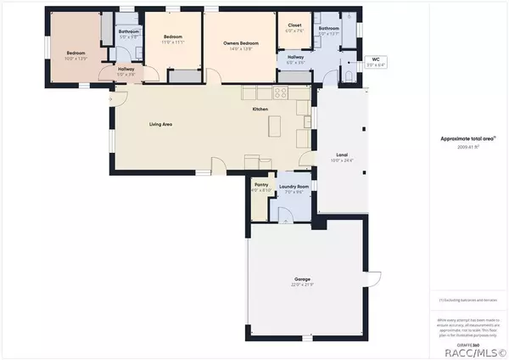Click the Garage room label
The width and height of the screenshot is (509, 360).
pos(303,278)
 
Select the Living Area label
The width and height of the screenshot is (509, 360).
pos(161,125)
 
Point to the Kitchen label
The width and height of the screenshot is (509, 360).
pos(260,110)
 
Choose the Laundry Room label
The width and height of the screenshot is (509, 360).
pos(294,187)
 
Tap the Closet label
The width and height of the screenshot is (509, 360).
pos(294,25)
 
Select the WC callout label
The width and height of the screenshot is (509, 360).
pos(376,59)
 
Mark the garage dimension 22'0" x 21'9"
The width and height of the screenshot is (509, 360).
pos(303,284)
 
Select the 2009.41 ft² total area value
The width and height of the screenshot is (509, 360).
pos(468,147)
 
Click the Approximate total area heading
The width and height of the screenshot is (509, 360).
pos(467,138)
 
